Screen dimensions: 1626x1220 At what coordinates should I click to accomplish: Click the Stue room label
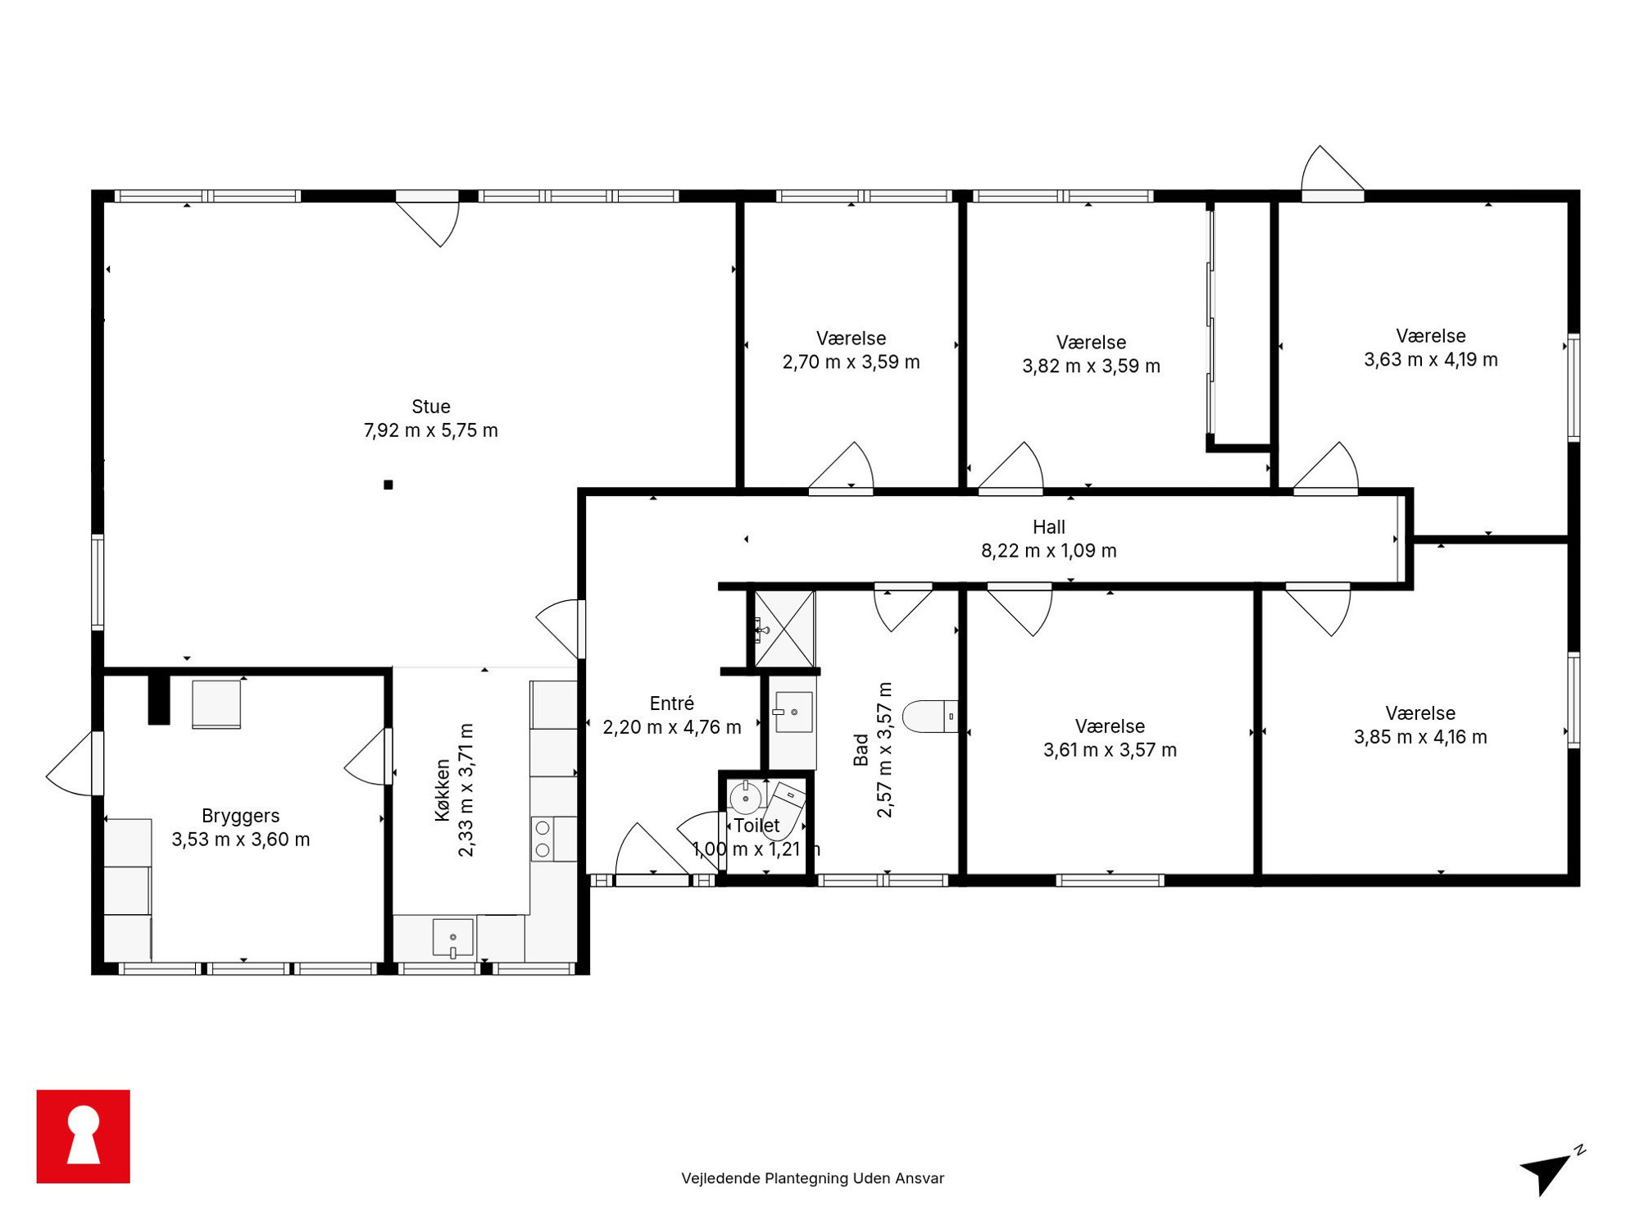click(x=431, y=407)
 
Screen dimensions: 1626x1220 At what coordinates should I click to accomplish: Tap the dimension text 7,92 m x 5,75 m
click(x=431, y=430)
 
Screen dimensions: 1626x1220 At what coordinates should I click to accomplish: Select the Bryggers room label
click(x=241, y=817)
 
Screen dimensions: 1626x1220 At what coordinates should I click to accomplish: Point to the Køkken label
click(x=443, y=790)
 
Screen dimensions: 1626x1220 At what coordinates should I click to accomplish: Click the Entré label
click(x=672, y=703)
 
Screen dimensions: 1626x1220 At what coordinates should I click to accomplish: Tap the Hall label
click(x=1049, y=527)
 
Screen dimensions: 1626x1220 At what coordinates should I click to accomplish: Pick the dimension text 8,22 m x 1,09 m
click(x=1049, y=551)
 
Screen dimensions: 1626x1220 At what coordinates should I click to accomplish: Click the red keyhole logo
click(x=84, y=1136)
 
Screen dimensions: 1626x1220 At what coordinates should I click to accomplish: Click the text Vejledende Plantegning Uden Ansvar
click(x=813, y=1178)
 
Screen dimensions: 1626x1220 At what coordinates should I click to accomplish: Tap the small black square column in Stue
click(x=388, y=485)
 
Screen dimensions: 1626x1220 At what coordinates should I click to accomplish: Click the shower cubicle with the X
click(x=784, y=629)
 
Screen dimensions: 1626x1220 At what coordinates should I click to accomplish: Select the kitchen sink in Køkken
click(x=453, y=938)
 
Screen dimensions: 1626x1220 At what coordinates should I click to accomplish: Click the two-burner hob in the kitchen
click(x=543, y=840)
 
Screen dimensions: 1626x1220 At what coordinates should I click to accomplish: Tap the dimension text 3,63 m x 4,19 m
click(x=1431, y=360)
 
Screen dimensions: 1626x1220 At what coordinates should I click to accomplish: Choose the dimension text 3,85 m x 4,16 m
click(x=1420, y=737)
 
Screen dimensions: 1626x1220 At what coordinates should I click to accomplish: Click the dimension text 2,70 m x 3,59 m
click(x=852, y=362)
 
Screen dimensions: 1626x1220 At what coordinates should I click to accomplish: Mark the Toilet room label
click(x=756, y=826)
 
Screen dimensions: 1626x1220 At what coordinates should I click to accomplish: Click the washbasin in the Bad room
click(x=793, y=712)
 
